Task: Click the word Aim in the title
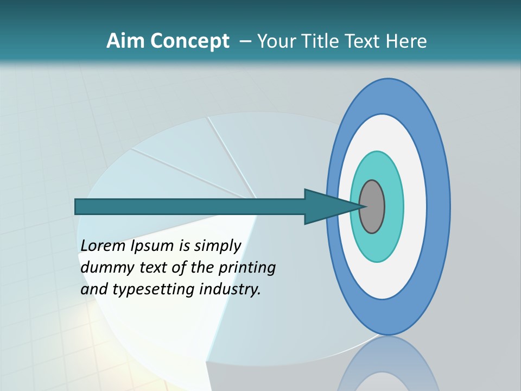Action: [x=126, y=41]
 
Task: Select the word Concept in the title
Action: [x=189, y=41]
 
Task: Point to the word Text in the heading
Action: [x=364, y=41]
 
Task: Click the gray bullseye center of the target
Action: [x=372, y=207]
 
